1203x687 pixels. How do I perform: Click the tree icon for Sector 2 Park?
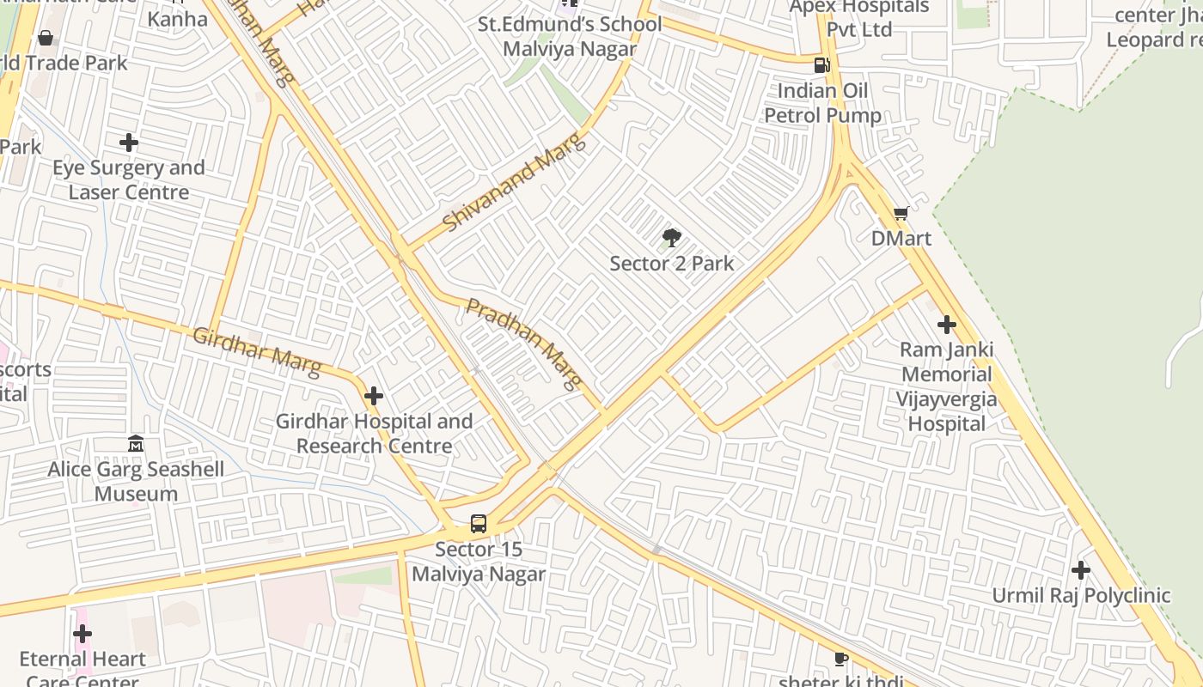[x=672, y=238]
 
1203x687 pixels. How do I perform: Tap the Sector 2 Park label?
[x=672, y=263]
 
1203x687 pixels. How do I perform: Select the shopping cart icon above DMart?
[x=901, y=213]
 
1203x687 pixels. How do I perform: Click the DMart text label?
[x=901, y=238]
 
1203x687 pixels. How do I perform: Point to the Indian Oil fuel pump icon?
[x=822, y=64]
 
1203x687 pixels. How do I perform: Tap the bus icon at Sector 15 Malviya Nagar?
[x=479, y=523]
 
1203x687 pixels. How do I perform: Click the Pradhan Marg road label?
[x=524, y=343]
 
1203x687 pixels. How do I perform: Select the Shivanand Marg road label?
[x=515, y=182]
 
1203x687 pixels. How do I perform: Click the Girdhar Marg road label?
[x=257, y=352]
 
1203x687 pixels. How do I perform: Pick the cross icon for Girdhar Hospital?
[x=373, y=396]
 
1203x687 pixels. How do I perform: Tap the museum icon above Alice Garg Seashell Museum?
[x=136, y=444]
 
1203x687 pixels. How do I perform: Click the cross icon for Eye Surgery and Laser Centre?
[x=129, y=142]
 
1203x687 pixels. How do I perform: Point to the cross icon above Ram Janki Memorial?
[x=946, y=325]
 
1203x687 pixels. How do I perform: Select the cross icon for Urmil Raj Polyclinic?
[x=1081, y=570]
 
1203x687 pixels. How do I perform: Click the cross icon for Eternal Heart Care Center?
[x=82, y=634]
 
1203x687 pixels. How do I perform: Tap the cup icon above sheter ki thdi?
[x=840, y=659]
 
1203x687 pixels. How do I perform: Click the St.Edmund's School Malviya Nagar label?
[x=570, y=36]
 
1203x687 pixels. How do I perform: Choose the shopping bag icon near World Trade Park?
[x=46, y=38]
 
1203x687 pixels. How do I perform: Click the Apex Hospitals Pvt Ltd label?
[x=859, y=18]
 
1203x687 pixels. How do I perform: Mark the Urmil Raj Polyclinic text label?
[x=1081, y=595]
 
